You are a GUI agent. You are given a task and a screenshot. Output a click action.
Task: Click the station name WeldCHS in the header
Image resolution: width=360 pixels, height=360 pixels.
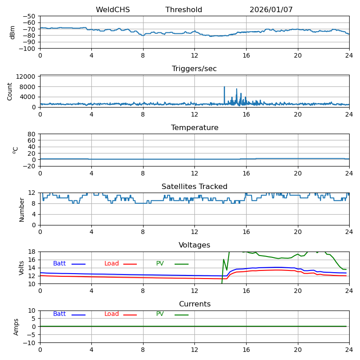pos(112,10)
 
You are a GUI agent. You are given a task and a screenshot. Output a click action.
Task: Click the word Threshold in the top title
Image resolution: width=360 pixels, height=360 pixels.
pos(184,10)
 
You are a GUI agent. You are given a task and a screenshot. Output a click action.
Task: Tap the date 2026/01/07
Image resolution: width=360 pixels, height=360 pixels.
pos(271,10)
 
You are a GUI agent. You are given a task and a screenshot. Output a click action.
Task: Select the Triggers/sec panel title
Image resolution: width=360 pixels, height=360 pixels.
pos(194,69)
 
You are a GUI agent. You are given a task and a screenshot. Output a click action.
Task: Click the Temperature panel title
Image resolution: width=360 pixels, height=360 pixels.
pos(194,128)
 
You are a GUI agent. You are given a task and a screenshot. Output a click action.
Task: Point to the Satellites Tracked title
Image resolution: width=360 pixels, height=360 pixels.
pos(194,187)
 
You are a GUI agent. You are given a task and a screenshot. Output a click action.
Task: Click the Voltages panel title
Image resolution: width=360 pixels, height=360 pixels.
pos(194,245)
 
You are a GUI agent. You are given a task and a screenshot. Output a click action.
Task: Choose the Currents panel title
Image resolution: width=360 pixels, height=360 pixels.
pos(194,304)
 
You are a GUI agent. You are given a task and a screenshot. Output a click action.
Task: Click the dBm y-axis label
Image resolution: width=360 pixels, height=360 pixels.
pos(13,32)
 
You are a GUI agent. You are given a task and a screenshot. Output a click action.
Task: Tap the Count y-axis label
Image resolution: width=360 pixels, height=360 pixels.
pos(10,91)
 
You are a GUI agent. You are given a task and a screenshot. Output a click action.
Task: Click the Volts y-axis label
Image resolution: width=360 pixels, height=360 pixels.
pos(22,268)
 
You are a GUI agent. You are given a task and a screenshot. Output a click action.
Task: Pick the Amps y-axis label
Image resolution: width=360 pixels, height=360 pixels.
pos(16,327)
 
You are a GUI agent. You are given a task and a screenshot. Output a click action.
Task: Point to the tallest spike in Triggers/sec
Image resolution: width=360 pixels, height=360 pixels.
pos(224,87)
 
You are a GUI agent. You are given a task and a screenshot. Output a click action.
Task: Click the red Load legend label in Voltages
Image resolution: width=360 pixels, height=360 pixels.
pos(112,264)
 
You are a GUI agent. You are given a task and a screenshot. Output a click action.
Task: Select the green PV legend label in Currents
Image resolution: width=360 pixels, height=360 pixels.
pos(160,314)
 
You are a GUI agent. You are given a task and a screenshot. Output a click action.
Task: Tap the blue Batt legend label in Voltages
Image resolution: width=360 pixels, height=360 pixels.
pos(59,264)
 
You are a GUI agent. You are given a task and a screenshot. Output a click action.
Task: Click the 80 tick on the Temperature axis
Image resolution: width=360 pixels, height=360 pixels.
pos(32,134)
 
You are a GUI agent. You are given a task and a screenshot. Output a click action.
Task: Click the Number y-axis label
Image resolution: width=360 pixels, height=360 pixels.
pos(22,209)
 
